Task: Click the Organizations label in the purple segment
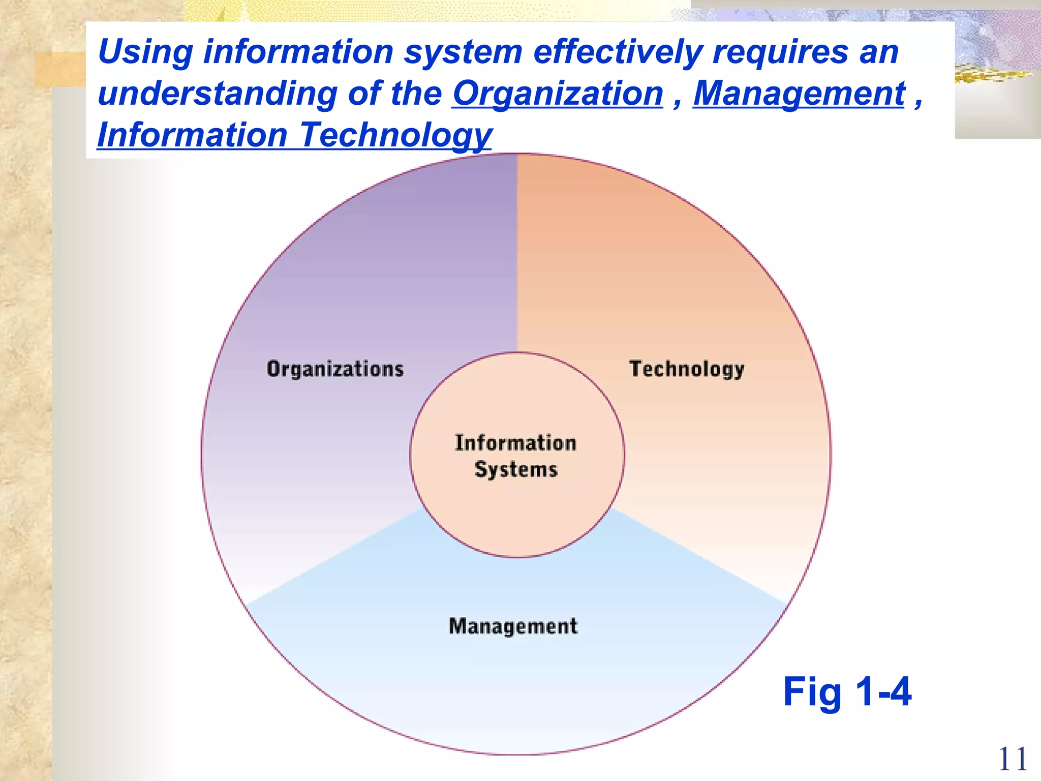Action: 335,369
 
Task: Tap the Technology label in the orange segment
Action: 687,369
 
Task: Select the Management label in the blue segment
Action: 513,626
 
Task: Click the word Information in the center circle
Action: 515,443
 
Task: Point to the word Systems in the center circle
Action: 516,469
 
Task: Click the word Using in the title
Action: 145,52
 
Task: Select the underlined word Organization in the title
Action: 558,94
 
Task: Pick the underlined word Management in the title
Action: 799,94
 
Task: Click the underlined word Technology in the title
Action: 395,135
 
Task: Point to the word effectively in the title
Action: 618,52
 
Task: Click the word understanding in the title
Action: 217,94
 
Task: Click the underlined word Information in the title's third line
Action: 193,135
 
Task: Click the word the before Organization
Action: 417,94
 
